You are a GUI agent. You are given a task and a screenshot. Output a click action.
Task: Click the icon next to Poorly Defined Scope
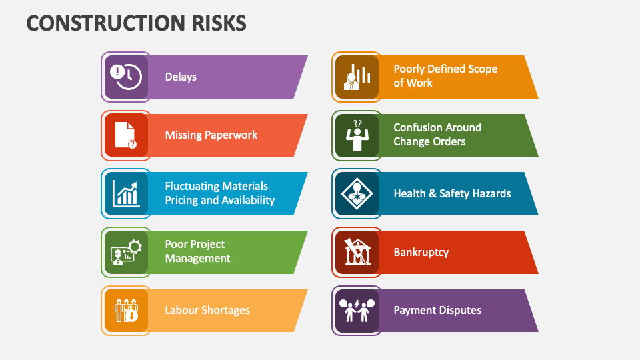[357, 77]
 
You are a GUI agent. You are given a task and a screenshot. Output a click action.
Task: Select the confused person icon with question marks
[357, 135]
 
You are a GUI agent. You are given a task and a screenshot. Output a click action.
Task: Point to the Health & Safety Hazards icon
[357, 193]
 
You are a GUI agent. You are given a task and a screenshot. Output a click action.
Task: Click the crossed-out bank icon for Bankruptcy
[357, 252]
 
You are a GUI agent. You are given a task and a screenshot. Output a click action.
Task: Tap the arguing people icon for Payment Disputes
[357, 310]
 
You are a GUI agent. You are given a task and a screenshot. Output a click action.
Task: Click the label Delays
[181, 77]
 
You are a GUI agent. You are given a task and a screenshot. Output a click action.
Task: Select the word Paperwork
[231, 135]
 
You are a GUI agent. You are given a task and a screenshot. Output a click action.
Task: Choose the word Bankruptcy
[421, 252]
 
